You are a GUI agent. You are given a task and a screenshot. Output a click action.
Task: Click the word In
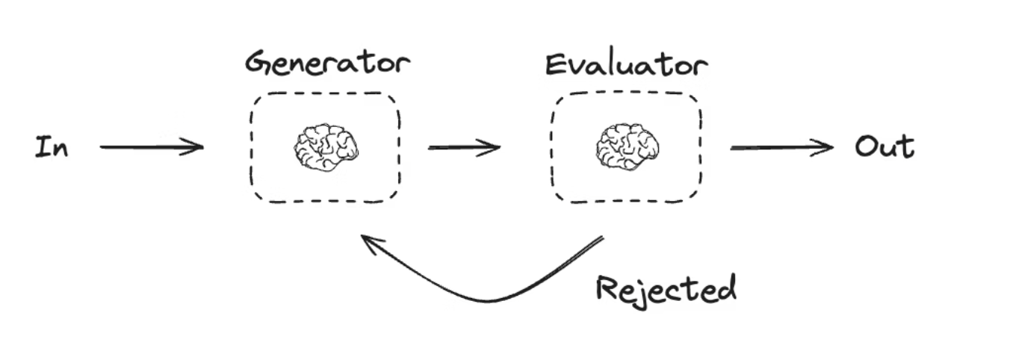point(52,147)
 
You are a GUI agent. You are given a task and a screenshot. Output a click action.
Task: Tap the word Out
point(884,146)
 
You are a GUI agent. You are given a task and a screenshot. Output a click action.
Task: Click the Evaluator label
point(626,65)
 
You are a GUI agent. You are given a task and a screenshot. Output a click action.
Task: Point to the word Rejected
point(666,288)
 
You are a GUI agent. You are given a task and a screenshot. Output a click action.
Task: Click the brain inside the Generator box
point(326,147)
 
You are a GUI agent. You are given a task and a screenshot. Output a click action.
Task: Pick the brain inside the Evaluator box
point(628,146)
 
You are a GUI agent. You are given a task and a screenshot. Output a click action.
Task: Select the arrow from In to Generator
point(151,147)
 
